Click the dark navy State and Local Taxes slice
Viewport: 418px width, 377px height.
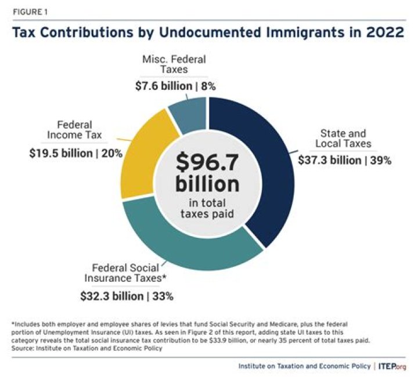[255, 168]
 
